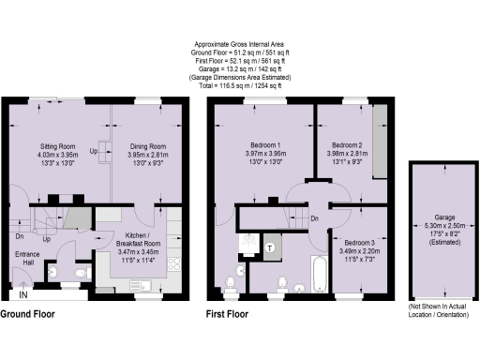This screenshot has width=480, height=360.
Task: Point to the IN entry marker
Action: [x=25, y=295]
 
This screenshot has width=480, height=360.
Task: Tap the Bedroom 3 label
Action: [x=359, y=244]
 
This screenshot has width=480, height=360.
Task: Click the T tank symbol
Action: [x=270, y=247]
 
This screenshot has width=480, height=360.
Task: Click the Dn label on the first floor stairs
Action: [x=315, y=218]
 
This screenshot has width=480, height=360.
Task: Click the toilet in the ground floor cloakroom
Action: [x=54, y=273]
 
